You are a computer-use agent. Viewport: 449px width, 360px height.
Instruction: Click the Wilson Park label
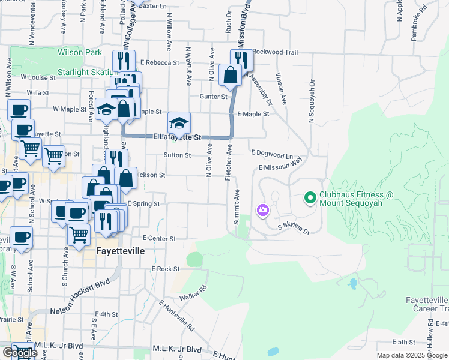pyautogui.click(x=80, y=53)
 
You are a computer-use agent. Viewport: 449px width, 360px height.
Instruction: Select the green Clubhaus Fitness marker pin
pyautogui.click(x=310, y=197)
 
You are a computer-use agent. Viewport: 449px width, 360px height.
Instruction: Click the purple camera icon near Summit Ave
pyautogui.click(x=262, y=209)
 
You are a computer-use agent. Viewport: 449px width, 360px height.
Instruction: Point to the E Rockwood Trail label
pyautogui.click(x=273, y=52)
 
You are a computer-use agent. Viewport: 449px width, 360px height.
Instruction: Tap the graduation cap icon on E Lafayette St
pyautogui.click(x=179, y=123)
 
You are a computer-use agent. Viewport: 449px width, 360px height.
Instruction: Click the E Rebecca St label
pyautogui.click(x=160, y=62)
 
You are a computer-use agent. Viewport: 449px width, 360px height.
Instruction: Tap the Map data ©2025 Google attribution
pyautogui.click(x=411, y=355)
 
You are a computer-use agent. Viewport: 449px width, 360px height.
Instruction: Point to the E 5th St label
pyautogui.click(x=403, y=342)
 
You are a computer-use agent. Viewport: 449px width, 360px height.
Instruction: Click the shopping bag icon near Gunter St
pyautogui.click(x=230, y=76)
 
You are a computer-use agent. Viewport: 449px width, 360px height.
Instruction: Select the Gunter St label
pyautogui.click(x=217, y=96)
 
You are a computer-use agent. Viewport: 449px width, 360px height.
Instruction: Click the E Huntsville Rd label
pyautogui.click(x=177, y=317)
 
